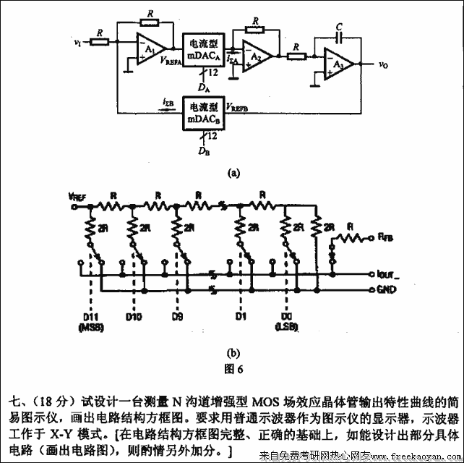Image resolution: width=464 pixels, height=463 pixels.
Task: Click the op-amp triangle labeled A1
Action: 149,48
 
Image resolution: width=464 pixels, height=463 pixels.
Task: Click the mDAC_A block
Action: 204,49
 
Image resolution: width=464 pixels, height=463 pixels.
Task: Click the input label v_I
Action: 77,43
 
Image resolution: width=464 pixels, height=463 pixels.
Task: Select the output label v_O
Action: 383,64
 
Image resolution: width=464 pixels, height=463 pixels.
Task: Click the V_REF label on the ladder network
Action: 77,195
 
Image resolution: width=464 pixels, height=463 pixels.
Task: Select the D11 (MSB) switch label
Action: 90,320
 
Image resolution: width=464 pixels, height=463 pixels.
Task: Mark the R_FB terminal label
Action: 384,235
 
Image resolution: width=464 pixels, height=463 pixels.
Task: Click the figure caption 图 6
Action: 233,368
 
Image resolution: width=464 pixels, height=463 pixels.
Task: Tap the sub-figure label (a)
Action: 233,173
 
